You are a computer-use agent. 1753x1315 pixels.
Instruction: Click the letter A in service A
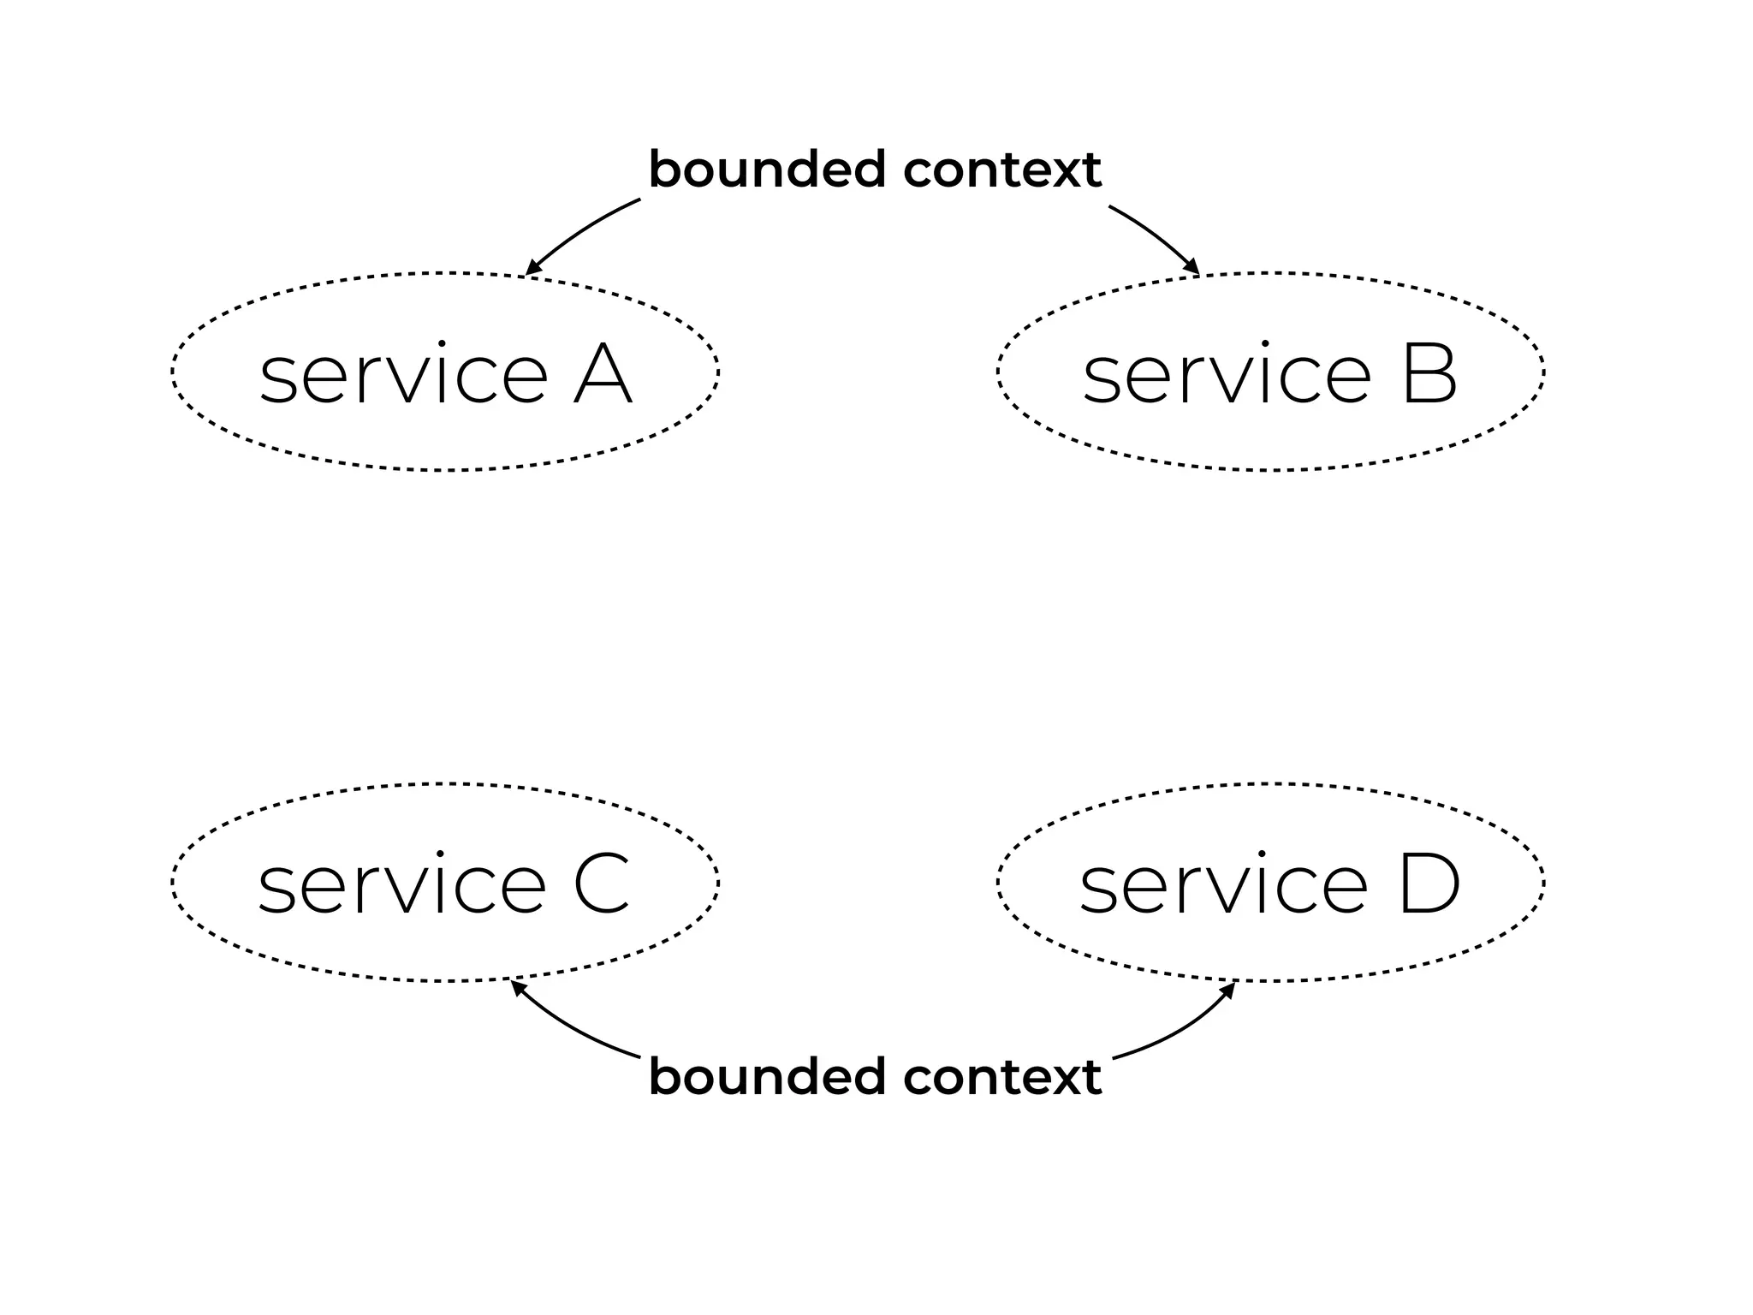click(x=603, y=375)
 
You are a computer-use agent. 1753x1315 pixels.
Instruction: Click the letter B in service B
click(x=1429, y=375)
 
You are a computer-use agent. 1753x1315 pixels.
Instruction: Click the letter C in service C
click(x=602, y=885)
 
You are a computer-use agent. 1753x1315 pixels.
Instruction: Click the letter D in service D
click(x=1429, y=885)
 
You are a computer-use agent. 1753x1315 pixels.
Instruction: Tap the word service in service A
click(x=403, y=377)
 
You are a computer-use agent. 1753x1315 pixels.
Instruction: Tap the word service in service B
click(x=1227, y=377)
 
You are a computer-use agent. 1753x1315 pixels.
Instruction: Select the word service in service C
click(x=401, y=887)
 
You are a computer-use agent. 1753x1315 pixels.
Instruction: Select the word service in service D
click(x=1223, y=887)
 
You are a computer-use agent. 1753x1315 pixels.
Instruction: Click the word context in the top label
click(x=1002, y=170)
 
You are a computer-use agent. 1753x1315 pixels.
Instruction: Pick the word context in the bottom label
click(x=1002, y=1077)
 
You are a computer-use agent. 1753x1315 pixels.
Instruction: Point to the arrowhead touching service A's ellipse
click(x=532, y=268)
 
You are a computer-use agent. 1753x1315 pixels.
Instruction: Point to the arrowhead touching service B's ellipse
click(x=1191, y=267)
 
